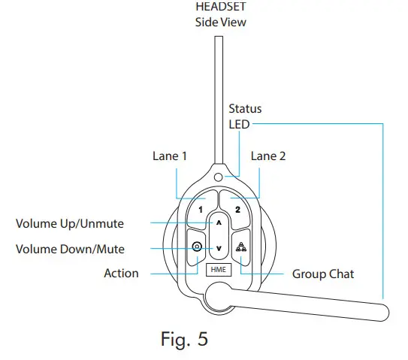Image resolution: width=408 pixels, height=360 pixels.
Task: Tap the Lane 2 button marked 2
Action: (x=237, y=211)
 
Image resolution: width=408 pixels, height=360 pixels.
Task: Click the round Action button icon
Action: (x=197, y=246)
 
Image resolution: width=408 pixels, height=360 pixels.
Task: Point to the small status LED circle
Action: (x=219, y=177)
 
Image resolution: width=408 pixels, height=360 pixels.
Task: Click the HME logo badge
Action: (x=219, y=268)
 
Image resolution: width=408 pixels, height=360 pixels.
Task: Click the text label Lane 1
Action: (x=169, y=156)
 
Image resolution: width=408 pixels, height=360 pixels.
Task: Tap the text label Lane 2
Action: (x=268, y=156)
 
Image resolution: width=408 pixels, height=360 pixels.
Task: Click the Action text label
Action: (x=121, y=274)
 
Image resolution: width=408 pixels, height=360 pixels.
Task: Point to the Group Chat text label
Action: (x=323, y=274)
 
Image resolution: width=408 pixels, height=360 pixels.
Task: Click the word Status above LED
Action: (x=245, y=109)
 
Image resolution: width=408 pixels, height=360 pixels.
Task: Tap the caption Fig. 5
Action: (x=184, y=339)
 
